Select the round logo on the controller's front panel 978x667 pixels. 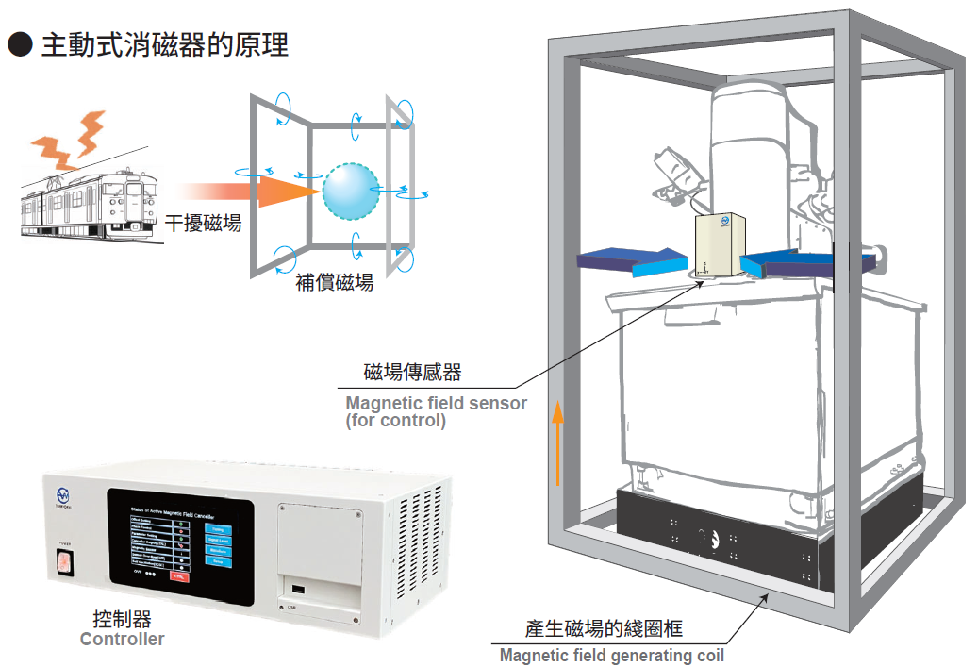(63, 494)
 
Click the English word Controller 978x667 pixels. (122, 640)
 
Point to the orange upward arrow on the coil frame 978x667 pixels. (558, 442)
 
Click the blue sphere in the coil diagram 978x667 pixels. (351, 192)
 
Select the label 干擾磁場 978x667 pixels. (203, 224)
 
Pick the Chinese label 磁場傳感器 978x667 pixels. (413, 373)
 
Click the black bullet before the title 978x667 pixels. (20, 44)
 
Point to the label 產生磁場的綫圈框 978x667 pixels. (604, 629)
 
